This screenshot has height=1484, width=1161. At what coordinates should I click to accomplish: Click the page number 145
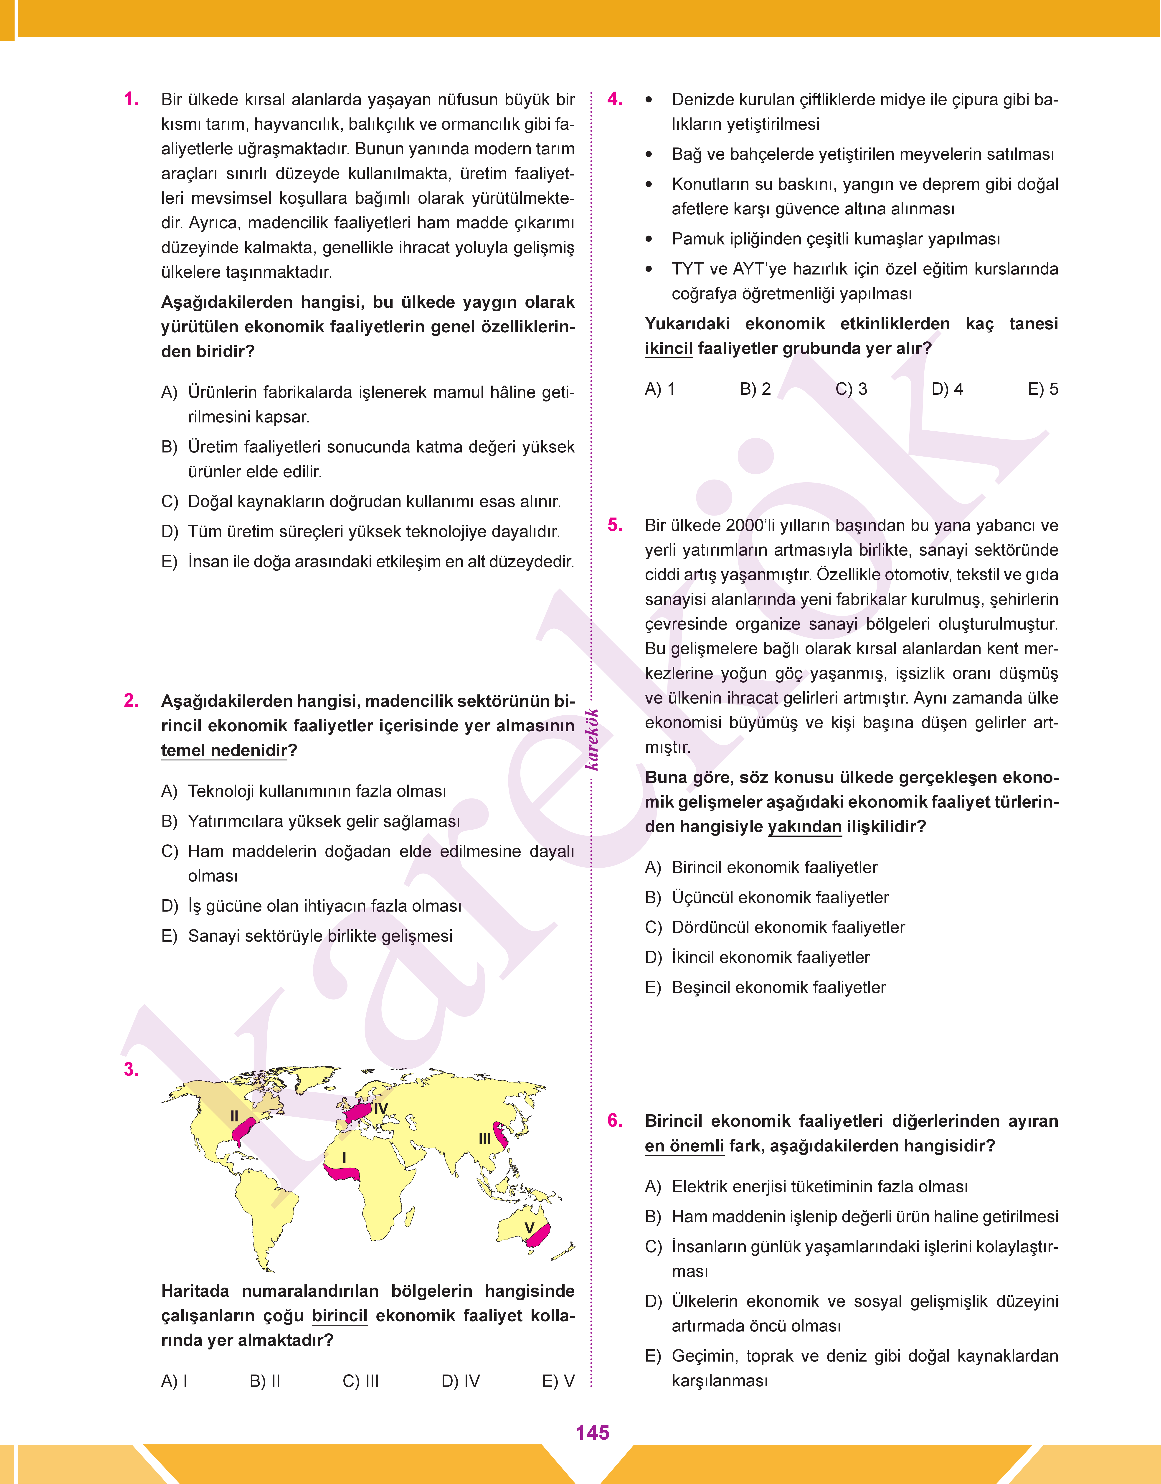coord(592,1432)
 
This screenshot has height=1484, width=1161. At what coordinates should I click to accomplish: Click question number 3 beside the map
coord(131,1069)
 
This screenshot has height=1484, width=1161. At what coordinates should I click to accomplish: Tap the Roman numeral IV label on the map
coord(381,1109)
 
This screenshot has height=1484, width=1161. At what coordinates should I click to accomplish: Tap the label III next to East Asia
coord(485,1139)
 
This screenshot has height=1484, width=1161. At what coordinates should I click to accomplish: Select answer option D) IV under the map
coord(460,1381)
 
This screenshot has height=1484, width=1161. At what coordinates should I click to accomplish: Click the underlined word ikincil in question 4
coord(668,349)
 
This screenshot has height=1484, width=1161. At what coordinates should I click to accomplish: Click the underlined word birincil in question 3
coord(339,1315)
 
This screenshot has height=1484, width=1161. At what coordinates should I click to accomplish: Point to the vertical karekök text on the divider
coord(592,740)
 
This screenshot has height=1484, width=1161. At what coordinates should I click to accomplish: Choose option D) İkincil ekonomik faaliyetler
coord(757,957)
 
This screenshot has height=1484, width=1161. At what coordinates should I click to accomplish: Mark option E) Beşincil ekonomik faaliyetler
coord(765,987)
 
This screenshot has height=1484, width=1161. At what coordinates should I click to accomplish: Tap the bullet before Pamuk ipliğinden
coord(649,239)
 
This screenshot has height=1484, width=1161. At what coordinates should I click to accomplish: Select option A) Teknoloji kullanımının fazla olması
coord(304,791)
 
